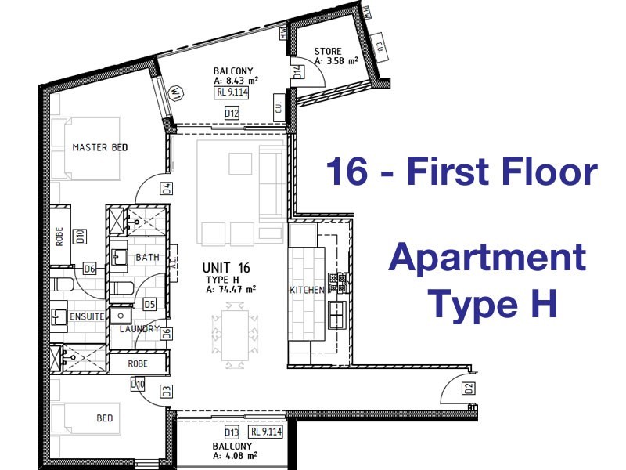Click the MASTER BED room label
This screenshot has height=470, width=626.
pyautogui.click(x=99, y=147)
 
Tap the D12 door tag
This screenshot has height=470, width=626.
pyautogui.click(x=232, y=114)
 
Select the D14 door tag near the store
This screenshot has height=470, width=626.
pyautogui.click(x=298, y=72)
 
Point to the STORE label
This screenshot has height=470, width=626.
pyautogui.click(x=329, y=52)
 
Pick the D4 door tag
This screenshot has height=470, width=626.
pyautogui.click(x=167, y=188)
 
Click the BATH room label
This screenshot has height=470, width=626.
pyautogui.click(x=147, y=257)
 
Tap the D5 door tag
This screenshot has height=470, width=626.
pyautogui.click(x=149, y=303)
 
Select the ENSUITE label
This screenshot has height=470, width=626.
pyautogui.click(x=88, y=317)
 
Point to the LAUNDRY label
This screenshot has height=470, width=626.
pyautogui.click(x=139, y=329)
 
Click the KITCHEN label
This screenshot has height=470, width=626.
pyautogui.click(x=307, y=290)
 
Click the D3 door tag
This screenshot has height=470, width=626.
pyautogui.click(x=167, y=391)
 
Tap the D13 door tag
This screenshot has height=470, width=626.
pyautogui.click(x=232, y=432)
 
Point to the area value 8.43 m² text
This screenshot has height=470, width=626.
pyautogui.click(x=236, y=80)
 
